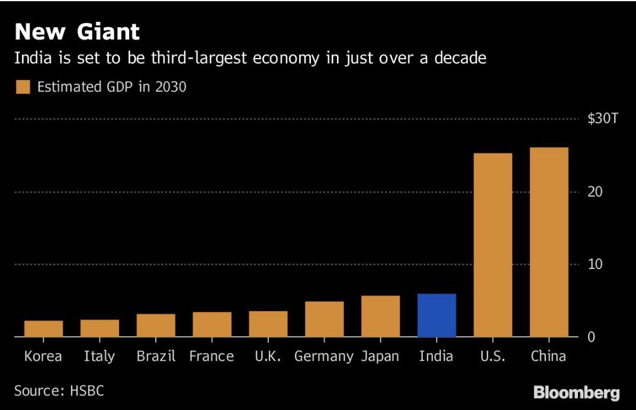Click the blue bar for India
coord(436,315)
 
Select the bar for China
coord(549,242)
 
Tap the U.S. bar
coord(493,245)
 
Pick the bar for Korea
coord(43,328)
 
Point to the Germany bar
coord(325,319)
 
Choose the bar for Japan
coord(380,316)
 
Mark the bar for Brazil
coord(156,325)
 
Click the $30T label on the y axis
coord(602,119)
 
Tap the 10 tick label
coord(595,264)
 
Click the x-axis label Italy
coord(99,357)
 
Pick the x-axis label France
coord(211,357)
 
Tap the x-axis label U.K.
coord(268,357)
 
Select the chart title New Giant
coord(77,31)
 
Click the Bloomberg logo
coord(576,392)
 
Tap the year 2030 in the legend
coord(171,87)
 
